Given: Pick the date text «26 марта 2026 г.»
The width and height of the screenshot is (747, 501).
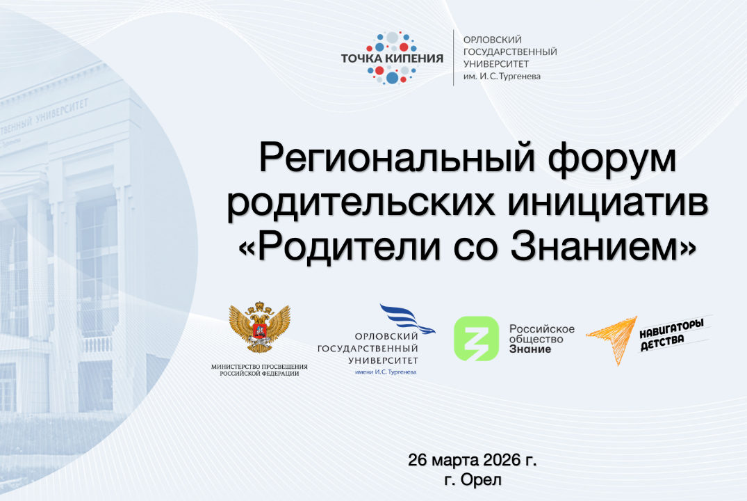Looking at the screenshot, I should tap(473, 461).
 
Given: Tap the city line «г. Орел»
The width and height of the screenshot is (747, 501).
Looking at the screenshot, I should tap(473, 479).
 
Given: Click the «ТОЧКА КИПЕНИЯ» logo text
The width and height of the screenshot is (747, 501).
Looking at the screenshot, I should tap(392, 58).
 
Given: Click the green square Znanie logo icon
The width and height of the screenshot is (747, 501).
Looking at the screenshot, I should tap(477, 339).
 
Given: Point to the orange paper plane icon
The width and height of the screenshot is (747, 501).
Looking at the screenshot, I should tap(611, 338).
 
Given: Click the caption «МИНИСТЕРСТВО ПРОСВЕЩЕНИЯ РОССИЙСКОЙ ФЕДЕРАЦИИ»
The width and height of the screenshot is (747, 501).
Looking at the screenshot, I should tap(259, 369).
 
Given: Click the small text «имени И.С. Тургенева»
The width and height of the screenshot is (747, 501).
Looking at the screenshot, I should tap(386, 372).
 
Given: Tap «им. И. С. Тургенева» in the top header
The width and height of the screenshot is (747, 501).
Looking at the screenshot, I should tap(501, 77).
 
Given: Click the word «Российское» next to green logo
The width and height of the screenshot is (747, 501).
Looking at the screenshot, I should tap(542, 328).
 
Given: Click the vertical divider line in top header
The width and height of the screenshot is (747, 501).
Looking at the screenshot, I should tap(454, 58).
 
